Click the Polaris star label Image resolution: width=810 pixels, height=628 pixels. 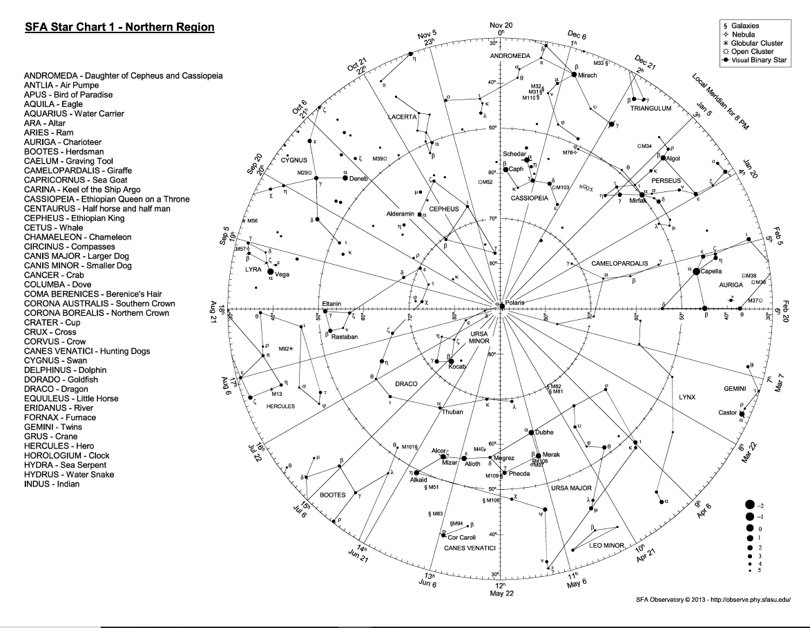point(515,303)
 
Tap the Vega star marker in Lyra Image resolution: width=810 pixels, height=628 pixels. point(270,272)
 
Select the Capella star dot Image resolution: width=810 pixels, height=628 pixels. point(696,272)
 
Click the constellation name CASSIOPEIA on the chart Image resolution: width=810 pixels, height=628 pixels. point(529,198)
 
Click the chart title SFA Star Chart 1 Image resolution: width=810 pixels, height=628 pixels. point(119,28)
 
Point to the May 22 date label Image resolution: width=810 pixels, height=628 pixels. point(502,593)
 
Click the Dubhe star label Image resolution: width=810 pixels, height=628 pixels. point(545,432)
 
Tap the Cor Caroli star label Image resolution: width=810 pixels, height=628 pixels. point(462,537)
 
